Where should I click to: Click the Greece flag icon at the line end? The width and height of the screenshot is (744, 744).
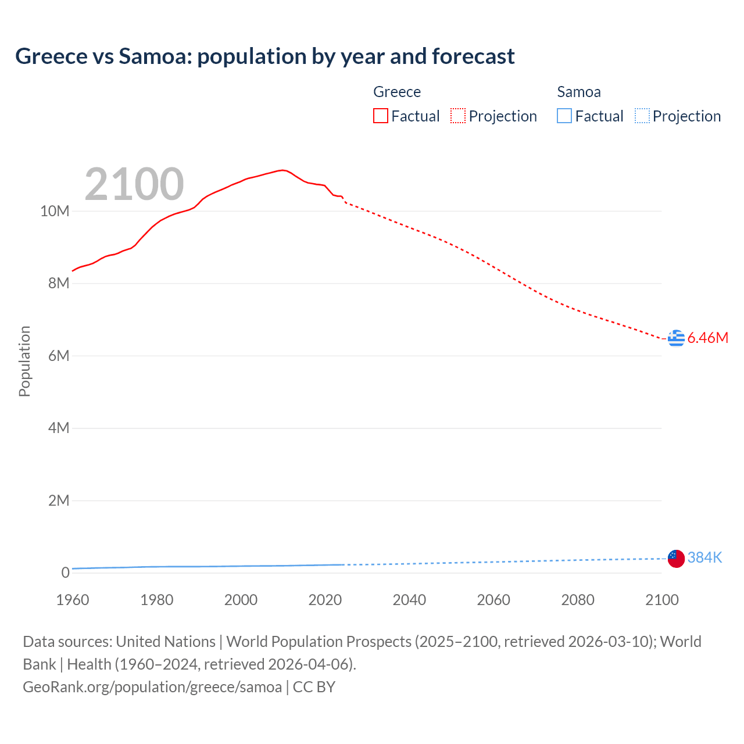[676, 338]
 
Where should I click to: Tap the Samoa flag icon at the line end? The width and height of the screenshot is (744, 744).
[676, 559]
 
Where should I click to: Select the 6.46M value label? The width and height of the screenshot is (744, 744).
[707, 338]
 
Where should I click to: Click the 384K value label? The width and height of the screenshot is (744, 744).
[704, 558]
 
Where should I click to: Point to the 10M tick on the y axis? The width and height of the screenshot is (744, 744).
[55, 211]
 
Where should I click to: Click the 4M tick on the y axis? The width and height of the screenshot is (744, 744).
[59, 428]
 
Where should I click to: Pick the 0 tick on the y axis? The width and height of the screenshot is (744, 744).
[65, 573]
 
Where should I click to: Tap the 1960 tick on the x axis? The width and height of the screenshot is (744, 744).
[73, 600]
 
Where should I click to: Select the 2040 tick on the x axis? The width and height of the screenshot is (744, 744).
[409, 600]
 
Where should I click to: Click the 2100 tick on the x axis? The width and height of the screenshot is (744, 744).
[661, 600]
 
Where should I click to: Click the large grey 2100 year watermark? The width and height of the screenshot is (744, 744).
[134, 184]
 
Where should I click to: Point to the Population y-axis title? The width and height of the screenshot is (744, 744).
[24, 361]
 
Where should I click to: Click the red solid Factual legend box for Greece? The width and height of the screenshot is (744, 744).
[381, 116]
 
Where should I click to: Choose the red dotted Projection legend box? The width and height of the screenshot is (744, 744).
[458, 116]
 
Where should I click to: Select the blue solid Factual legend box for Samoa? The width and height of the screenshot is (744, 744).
[564, 116]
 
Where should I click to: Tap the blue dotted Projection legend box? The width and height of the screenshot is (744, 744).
[642, 116]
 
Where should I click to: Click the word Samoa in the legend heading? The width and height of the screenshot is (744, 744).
[578, 92]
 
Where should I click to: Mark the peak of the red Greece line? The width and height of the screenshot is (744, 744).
[282, 170]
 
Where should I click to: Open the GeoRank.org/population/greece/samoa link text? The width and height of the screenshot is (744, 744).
[152, 687]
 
